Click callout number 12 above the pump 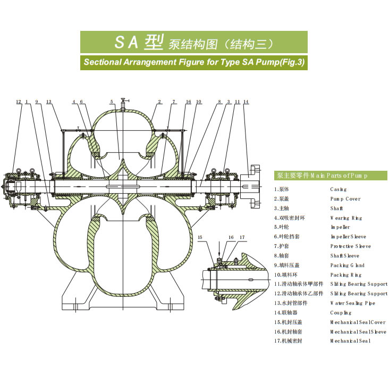pos(18,101)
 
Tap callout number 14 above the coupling pos(246,101)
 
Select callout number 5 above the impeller pos(112,101)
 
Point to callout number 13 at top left pos(48,101)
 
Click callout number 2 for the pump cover pos(159,101)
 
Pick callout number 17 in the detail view pos(242,237)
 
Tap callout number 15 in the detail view pos(200,237)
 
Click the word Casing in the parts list pos(338,189)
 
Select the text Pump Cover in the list pos(345,198)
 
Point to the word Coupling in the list pos(341,313)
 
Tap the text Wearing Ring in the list pos(346,218)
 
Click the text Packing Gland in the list pos(347,265)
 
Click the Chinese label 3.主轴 pos(285,208)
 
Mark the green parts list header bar pos(331,176)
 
